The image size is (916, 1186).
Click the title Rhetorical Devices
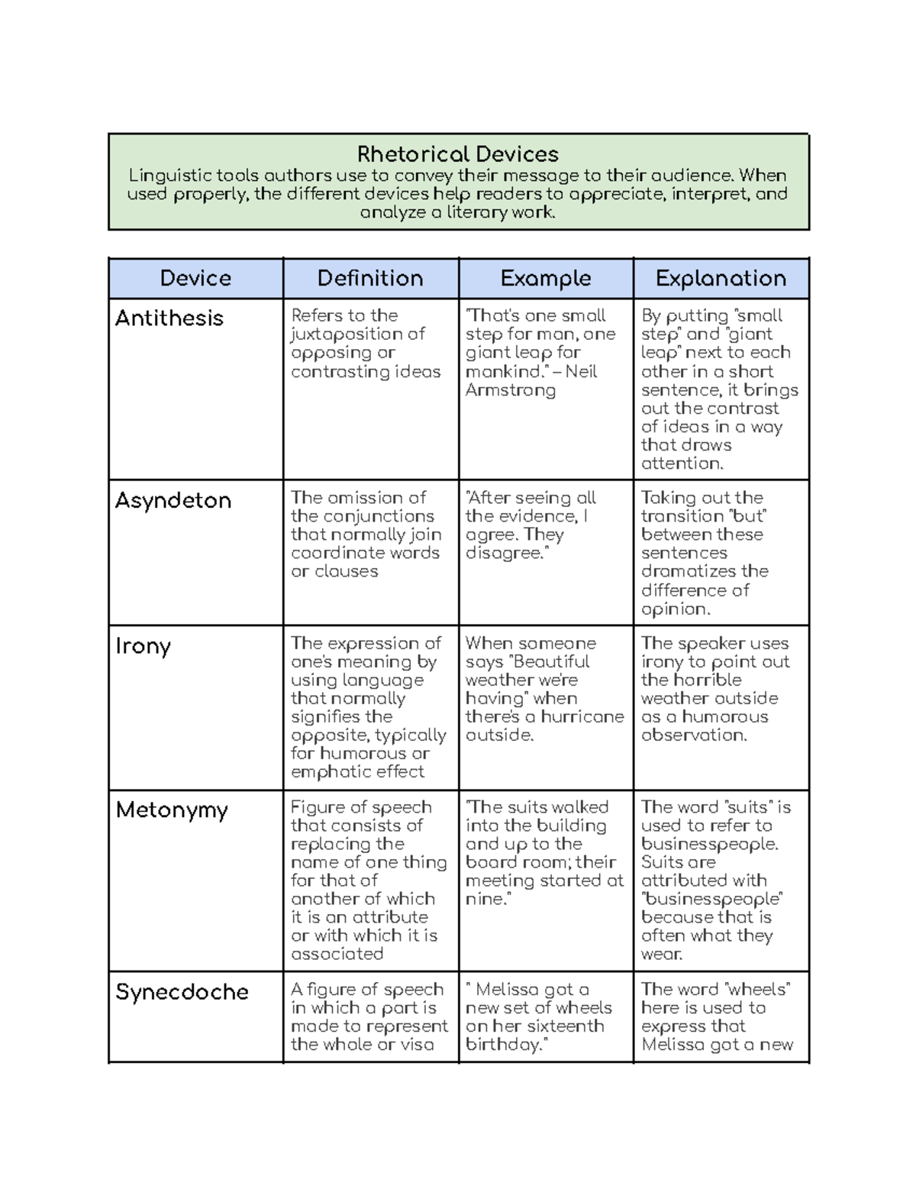458,154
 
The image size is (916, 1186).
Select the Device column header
195,278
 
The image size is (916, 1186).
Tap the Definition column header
370,278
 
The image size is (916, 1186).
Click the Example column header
546,278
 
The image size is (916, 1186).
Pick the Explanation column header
721,278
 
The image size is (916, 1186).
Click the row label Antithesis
169,318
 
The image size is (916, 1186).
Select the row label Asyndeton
173,501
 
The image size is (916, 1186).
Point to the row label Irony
143,647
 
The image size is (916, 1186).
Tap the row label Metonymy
172,810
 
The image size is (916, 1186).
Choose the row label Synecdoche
182,992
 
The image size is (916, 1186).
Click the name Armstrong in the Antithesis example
511,390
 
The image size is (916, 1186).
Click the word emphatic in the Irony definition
328,772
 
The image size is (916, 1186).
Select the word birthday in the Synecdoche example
502,1045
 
